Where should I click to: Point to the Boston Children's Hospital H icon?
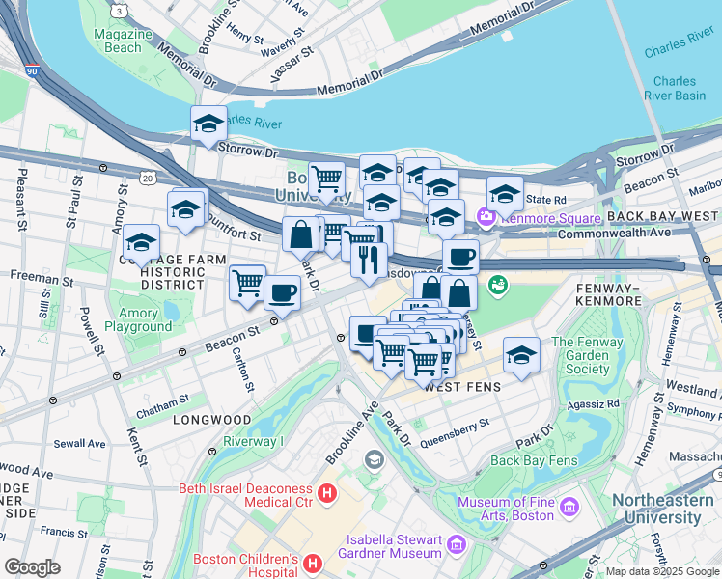[313, 562]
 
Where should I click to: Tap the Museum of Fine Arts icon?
[568, 507]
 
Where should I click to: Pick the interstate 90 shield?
[32, 71]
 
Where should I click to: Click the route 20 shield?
[147, 178]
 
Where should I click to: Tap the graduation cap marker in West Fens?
[521, 355]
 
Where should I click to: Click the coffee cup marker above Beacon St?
[281, 291]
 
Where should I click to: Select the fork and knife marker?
[369, 260]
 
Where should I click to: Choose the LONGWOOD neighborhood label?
[211, 421]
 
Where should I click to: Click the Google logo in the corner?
[34, 567]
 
